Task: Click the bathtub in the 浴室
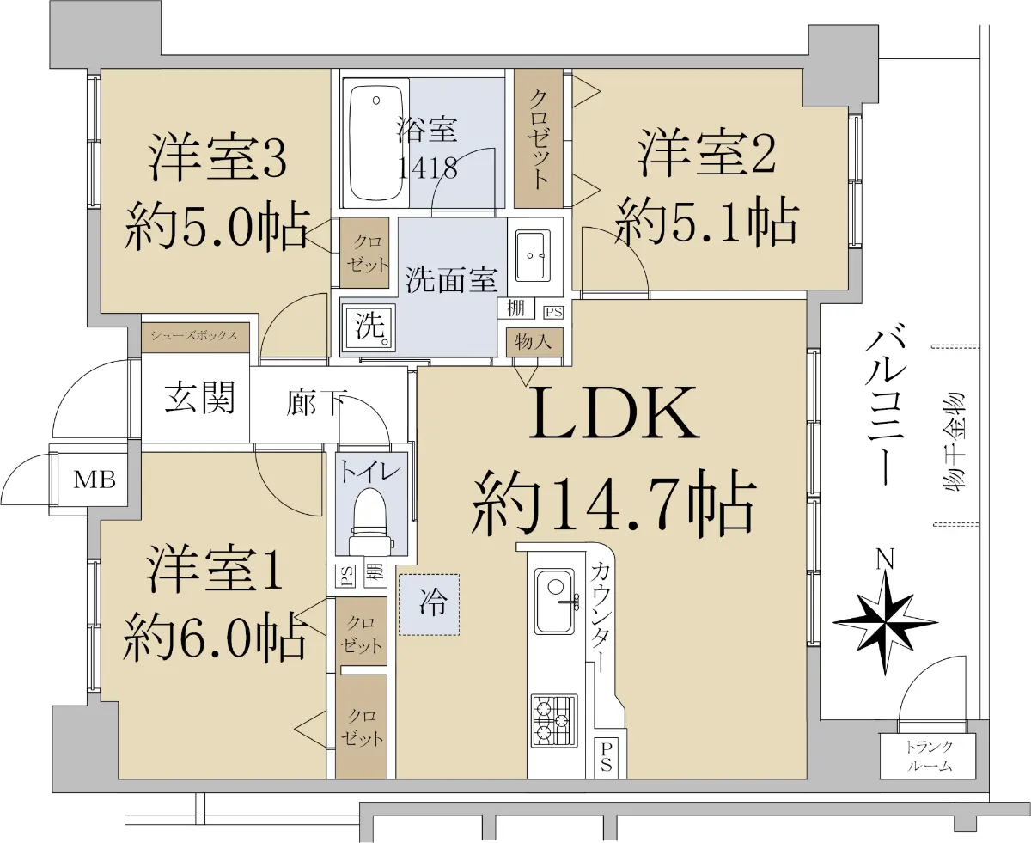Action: [375, 143]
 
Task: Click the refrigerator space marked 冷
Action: [429, 604]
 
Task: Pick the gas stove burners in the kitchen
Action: [554, 721]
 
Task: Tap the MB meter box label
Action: [95, 480]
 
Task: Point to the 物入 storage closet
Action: [534, 342]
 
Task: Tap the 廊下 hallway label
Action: [316, 402]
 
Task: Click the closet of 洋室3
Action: [364, 253]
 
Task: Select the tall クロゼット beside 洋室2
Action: [538, 137]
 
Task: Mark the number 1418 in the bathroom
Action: [427, 168]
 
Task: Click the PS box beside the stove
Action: [606, 757]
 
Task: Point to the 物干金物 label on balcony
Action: [952, 442]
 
